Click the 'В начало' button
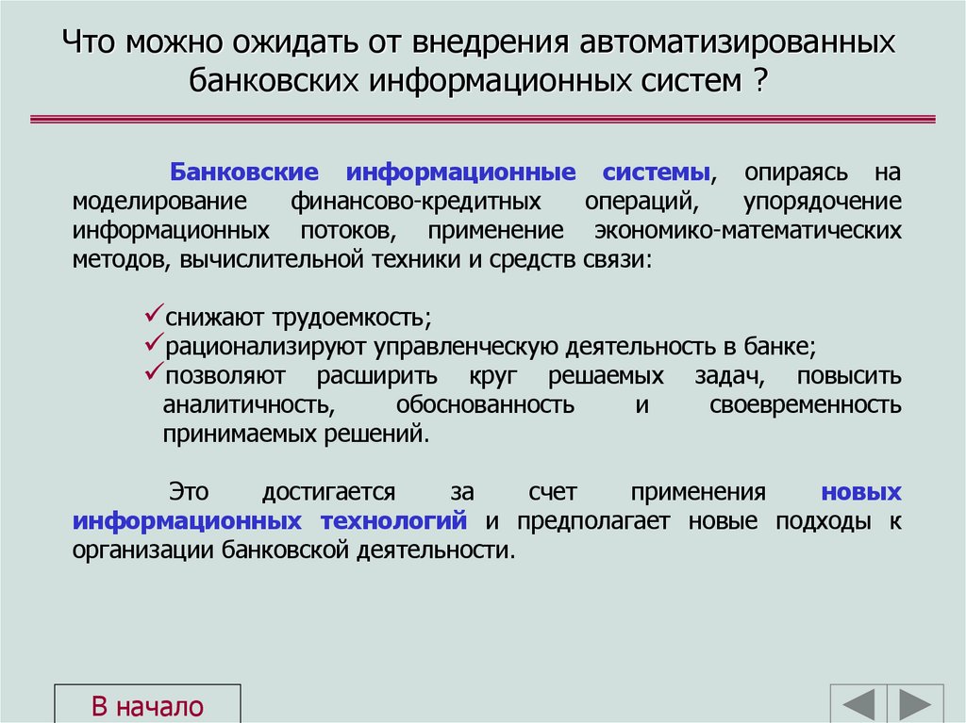(147, 704)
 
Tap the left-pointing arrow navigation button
(858, 705)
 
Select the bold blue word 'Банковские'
(243, 173)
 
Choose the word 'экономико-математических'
(748, 231)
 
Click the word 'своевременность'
(804, 405)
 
